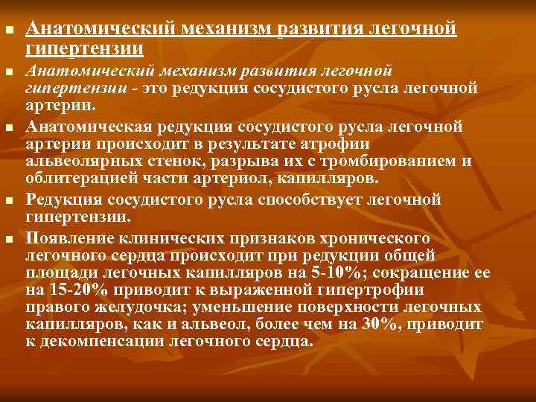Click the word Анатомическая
86,124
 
